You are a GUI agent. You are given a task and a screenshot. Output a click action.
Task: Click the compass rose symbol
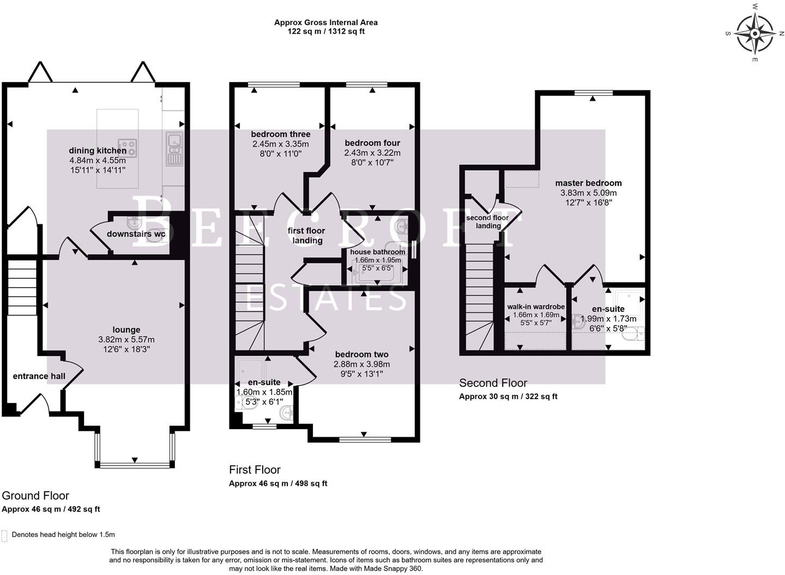click(x=754, y=34)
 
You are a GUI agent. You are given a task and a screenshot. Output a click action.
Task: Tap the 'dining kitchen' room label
click(x=98, y=151)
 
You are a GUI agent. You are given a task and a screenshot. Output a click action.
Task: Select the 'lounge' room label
click(x=126, y=330)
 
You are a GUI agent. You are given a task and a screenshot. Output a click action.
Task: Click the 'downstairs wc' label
click(x=136, y=234)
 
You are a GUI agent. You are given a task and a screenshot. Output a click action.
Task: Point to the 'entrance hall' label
click(x=39, y=376)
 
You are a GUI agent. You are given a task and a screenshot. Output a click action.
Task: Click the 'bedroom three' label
click(x=280, y=134)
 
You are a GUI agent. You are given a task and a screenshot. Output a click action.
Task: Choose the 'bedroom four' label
click(x=372, y=143)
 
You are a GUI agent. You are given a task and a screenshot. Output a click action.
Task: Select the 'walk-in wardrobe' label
click(x=536, y=307)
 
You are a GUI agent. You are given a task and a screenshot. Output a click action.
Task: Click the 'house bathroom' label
click(x=378, y=252)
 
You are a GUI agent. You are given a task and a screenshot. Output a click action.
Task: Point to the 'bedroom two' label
click(x=361, y=354)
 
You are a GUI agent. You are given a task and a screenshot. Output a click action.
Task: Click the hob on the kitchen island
click(x=127, y=147)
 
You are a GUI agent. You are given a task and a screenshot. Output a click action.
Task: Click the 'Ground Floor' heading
click(x=35, y=496)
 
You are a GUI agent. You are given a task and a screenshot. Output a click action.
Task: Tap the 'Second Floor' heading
click(x=493, y=383)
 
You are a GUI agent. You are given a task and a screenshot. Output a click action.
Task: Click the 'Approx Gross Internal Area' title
click(x=325, y=22)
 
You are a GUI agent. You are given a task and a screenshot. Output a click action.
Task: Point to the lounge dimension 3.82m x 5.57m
click(x=126, y=340)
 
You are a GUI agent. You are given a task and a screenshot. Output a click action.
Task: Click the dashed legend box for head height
click(x=4, y=536)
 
